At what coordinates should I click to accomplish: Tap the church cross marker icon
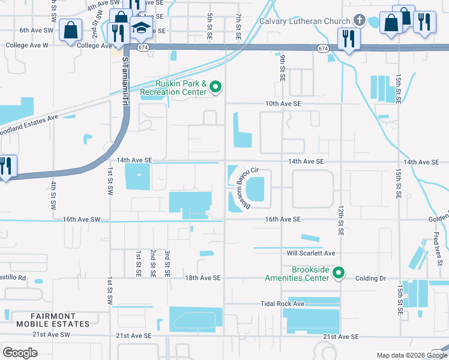(x=359, y=20)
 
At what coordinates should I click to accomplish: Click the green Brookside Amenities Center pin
(x=339, y=274)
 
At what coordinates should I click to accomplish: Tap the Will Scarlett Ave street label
(x=310, y=253)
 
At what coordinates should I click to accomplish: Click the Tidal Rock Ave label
(x=283, y=304)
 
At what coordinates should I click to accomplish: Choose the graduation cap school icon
(x=142, y=28)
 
